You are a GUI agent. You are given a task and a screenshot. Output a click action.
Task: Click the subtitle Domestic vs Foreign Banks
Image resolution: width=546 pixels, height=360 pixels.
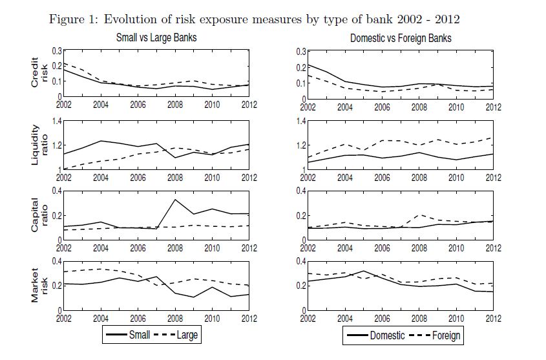pos(401,38)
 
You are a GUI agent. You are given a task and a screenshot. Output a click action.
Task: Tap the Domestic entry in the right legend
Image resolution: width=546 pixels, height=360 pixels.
pos(386,335)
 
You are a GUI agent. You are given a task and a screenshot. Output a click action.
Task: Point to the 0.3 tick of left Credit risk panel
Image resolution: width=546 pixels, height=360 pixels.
pos(56,51)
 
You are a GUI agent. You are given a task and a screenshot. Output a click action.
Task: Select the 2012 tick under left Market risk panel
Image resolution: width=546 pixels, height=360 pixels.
pos(248,317)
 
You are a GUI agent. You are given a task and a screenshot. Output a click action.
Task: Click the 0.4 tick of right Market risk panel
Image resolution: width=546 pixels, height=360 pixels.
pos(300,262)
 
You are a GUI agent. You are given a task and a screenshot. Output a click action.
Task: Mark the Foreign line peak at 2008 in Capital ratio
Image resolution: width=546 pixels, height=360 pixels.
pos(419,215)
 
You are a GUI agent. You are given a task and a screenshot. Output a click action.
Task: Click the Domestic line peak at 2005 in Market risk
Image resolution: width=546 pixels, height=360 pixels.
pos(363,271)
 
